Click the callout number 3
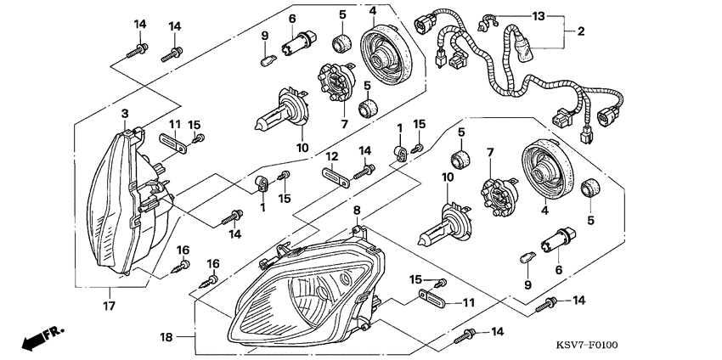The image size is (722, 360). [x=124, y=113]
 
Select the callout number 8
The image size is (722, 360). [x=357, y=209]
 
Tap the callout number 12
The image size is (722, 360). [x=332, y=156]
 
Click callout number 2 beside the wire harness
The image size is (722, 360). [x=581, y=31]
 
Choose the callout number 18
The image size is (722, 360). [x=166, y=337]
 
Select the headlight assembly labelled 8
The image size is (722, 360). [x=302, y=293]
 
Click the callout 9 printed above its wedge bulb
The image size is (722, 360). [x=264, y=35]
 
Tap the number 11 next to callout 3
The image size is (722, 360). [x=173, y=124]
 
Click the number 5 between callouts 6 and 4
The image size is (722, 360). [x=343, y=14]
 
